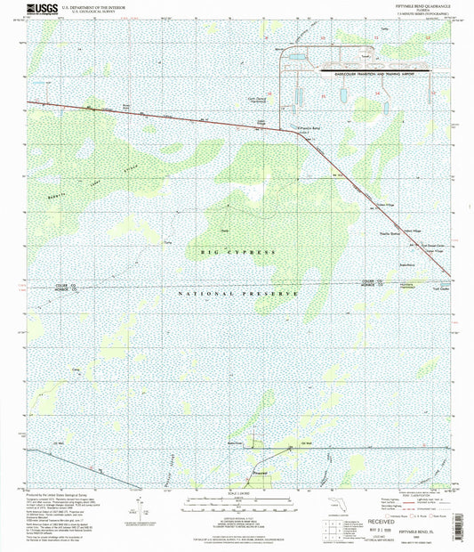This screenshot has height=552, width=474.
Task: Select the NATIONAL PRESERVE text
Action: pyautogui.click(x=230, y=293)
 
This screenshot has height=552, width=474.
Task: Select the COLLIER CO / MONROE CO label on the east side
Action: pyautogui.click(x=373, y=282)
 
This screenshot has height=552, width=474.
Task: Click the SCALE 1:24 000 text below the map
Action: pyautogui.click(x=237, y=492)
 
